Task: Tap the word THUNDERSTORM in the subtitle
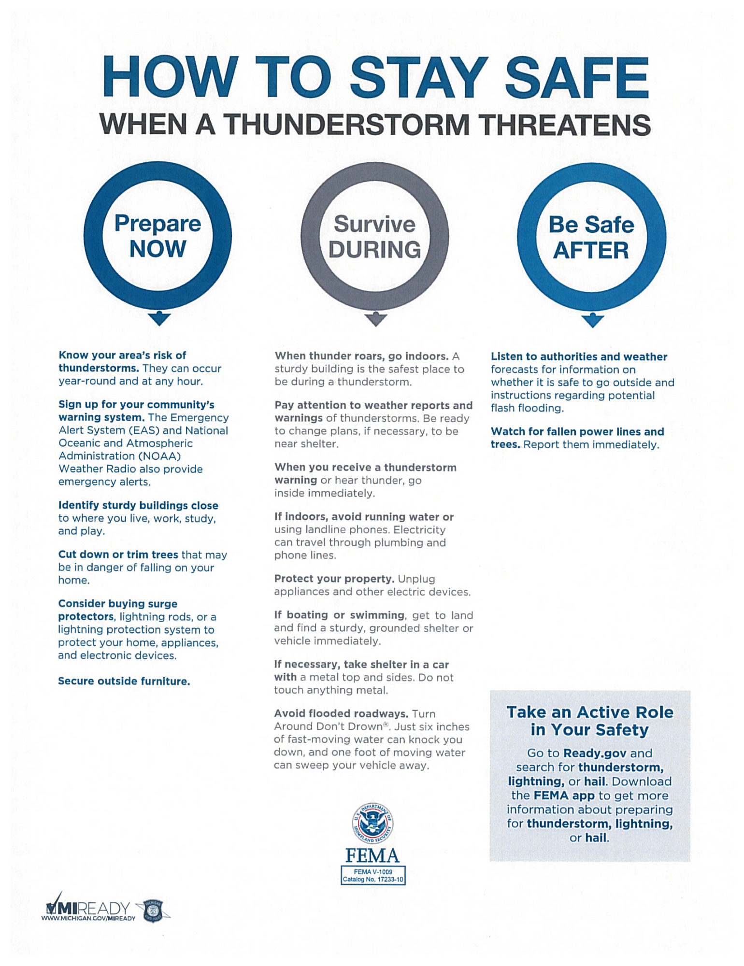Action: click(346, 125)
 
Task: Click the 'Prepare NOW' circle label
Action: click(157, 236)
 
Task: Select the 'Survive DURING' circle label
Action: click(374, 237)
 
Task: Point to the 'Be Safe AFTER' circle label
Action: click(591, 238)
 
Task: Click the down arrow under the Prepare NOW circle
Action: click(159, 319)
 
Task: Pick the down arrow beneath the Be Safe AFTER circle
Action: click(592, 320)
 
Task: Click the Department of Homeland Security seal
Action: click(372, 824)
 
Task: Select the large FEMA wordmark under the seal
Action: click(372, 856)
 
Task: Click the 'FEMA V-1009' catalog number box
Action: click(372, 875)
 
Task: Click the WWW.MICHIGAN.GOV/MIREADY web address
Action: click(88, 918)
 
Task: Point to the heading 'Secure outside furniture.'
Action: click(124, 681)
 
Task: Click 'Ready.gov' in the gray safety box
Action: click(595, 753)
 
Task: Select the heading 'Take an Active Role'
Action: click(589, 712)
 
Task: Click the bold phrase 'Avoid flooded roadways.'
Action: click(341, 714)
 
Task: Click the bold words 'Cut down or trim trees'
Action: click(118, 554)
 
